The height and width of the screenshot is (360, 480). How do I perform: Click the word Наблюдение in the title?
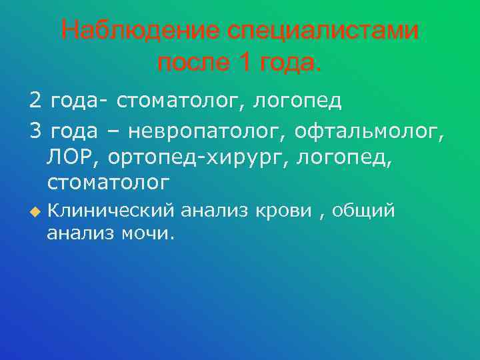click(141, 31)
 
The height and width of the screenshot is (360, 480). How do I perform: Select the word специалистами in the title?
click(325, 31)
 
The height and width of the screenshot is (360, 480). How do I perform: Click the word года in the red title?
click(287, 64)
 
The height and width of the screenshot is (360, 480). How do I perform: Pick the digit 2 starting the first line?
click(35, 101)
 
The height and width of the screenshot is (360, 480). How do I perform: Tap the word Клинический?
click(111, 212)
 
